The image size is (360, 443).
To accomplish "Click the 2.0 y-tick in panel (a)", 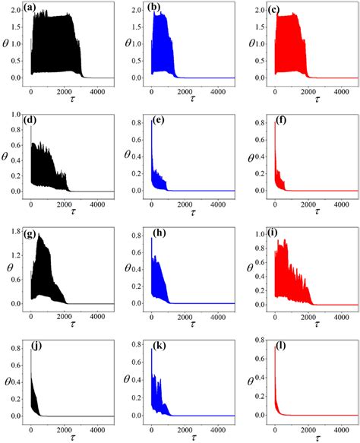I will pos(17,9).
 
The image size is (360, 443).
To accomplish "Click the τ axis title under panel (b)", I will pos(188,99).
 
